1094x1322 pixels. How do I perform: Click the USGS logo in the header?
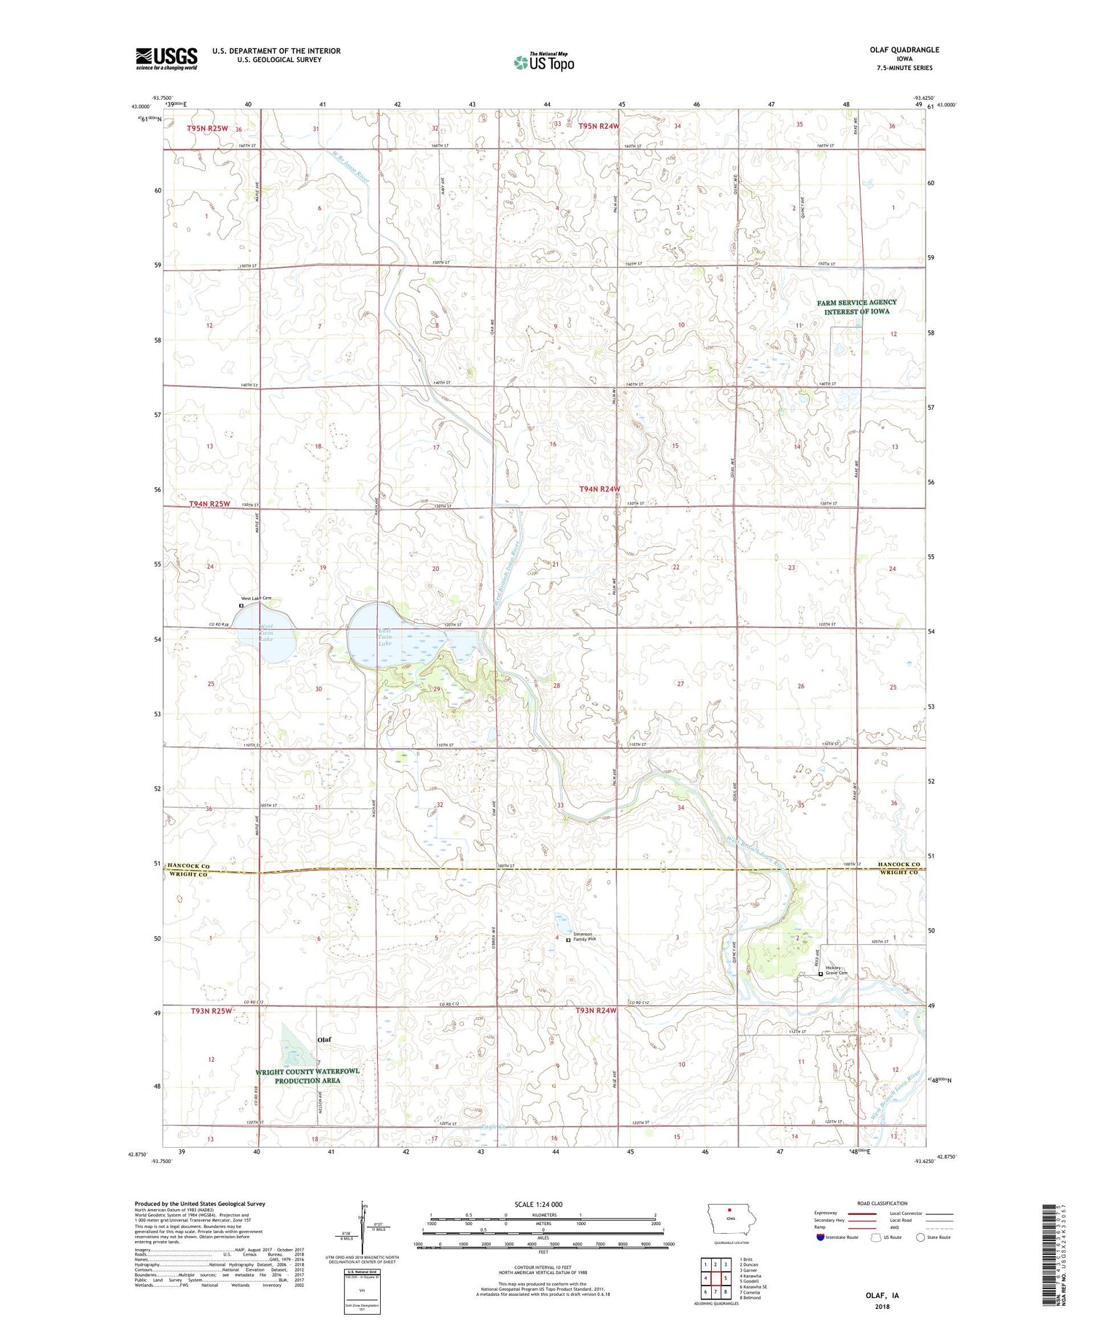pyautogui.click(x=166, y=58)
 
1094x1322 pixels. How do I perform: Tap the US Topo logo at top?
pyautogui.click(x=543, y=63)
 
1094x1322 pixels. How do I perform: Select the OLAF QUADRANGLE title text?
pyautogui.click(x=904, y=50)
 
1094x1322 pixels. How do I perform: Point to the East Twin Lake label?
pyautogui.click(x=384, y=637)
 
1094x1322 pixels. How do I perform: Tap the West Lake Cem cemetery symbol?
pyautogui.click(x=241, y=605)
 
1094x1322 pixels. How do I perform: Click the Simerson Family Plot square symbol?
pyautogui.click(x=569, y=940)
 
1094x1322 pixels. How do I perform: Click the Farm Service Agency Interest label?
pyautogui.click(x=856, y=307)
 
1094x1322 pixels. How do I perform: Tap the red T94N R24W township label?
pyautogui.click(x=600, y=489)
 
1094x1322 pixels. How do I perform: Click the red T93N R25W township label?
pyautogui.click(x=211, y=1011)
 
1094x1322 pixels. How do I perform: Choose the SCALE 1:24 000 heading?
pyautogui.click(x=538, y=1204)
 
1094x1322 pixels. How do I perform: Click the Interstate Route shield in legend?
pyautogui.click(x=820, y=1237)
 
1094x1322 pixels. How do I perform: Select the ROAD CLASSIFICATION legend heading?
pyautogui.click(x=882, y=1203)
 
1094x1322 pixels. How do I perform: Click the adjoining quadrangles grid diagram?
pyautogui.click(x=715, y=1278)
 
